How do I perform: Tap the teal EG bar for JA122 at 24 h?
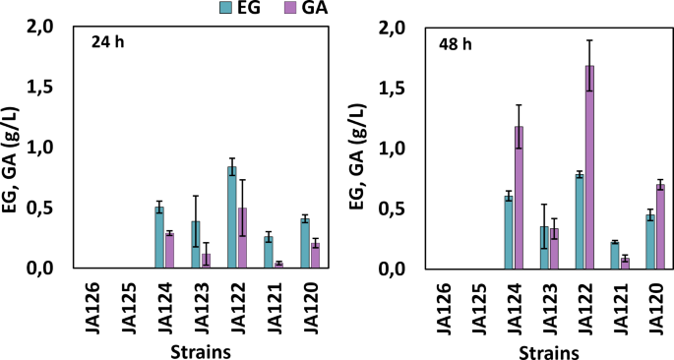(x=231, y=217)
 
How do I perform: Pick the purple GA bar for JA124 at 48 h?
(x=519, y=197)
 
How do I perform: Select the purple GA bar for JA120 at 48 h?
(x=661, y=226)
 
